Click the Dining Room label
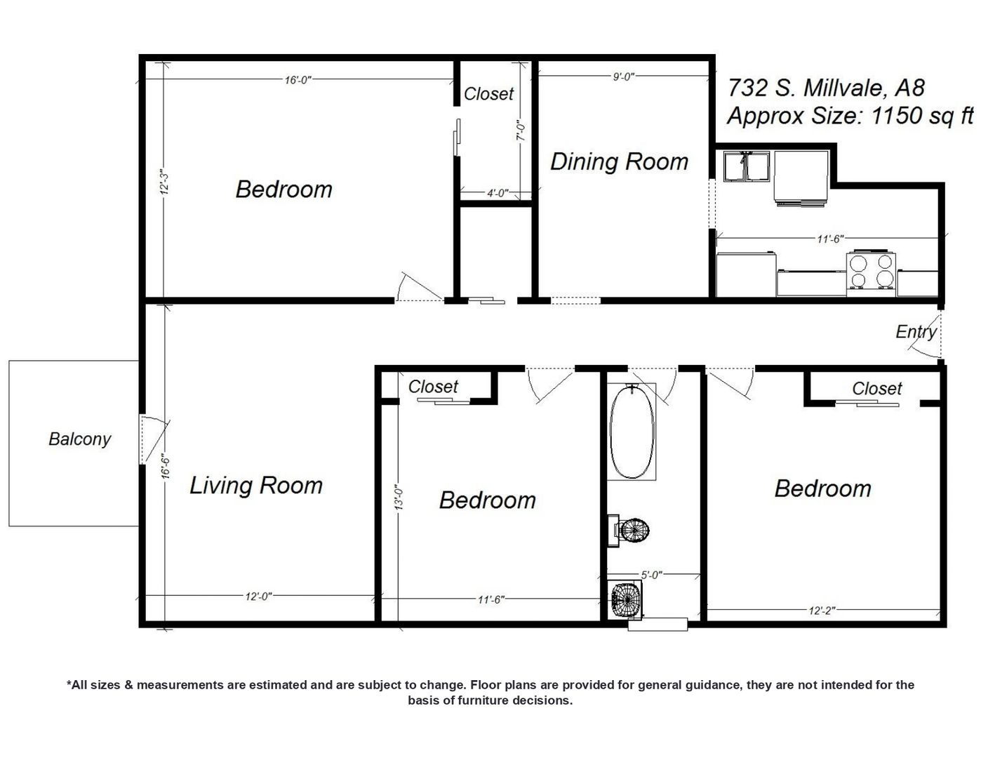(618, 161)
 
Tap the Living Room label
(256, 486)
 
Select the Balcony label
(80, 439)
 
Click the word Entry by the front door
(916, 332)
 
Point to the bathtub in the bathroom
(632, 432)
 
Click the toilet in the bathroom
(629, 531)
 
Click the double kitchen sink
(746, 166)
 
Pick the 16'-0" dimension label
(298, 80)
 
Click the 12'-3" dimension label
(164, 184)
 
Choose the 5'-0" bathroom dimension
(651, 575)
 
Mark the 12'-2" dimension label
(822, 611)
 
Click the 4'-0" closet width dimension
(498, 193)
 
